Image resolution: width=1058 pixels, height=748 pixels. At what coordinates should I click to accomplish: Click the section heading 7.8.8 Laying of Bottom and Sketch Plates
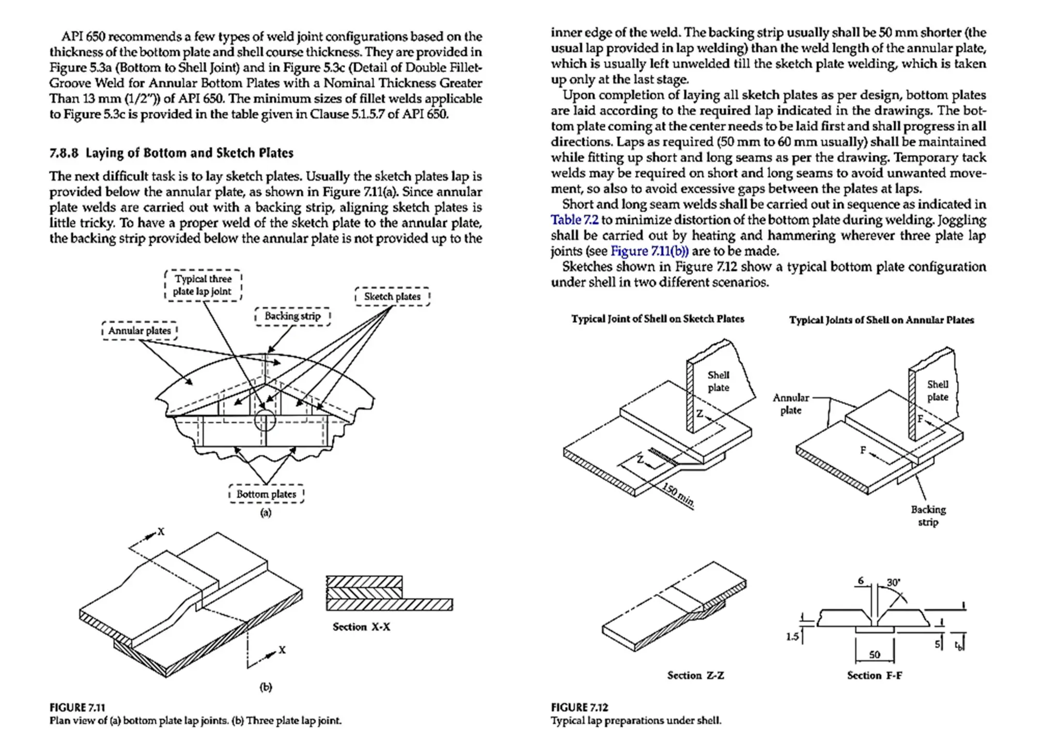(171, 153)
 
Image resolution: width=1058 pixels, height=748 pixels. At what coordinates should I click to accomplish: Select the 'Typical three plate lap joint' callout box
(203, 285)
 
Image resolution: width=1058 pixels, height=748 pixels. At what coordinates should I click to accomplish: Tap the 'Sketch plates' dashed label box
(392, 296)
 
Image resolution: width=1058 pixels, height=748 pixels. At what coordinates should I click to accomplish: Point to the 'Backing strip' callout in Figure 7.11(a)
(292, 316)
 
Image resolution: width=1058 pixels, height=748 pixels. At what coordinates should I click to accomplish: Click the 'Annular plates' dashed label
(139, 330)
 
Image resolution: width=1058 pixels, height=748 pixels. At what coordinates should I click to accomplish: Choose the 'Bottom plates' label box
(266, 494)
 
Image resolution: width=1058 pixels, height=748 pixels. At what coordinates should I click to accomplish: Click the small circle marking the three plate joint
(265, 420)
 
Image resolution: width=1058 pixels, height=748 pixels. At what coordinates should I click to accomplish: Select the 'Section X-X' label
(361, 627)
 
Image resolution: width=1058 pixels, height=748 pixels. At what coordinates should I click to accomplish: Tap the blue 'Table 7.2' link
(574, 220)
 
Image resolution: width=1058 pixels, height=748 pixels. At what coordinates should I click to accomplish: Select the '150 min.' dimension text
(678, 495)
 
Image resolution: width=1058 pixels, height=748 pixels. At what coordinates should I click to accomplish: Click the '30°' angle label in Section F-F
(893, 583)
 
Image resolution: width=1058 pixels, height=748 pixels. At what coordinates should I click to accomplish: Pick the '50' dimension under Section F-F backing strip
(874, 654)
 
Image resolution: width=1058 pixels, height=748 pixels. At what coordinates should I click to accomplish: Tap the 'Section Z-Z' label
(695, 676)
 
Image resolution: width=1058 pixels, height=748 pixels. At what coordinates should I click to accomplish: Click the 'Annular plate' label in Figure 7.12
(790, 404)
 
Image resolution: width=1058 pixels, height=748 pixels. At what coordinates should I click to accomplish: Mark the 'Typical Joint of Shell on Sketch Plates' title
(658, 319)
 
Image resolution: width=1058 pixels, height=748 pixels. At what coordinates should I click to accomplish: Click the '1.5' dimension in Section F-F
(792, 637)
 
